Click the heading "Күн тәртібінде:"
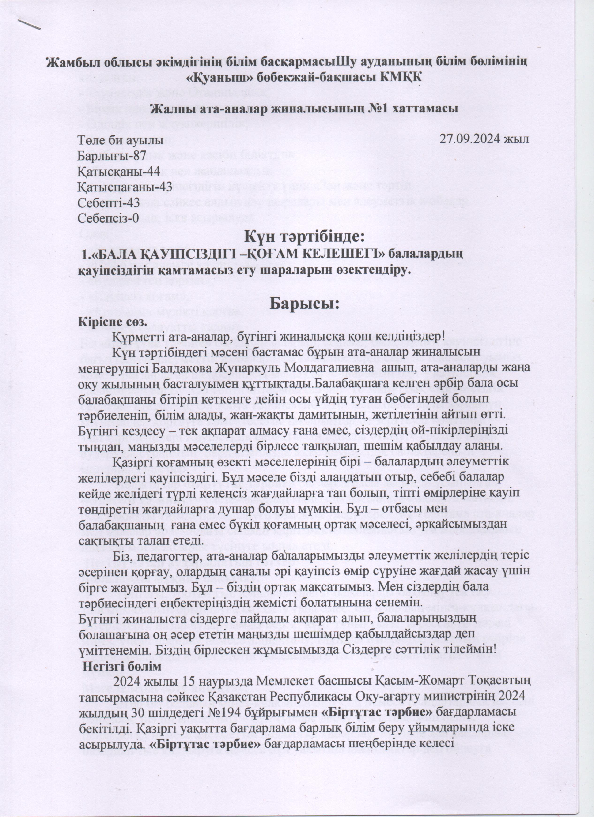305,237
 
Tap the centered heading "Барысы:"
305,303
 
